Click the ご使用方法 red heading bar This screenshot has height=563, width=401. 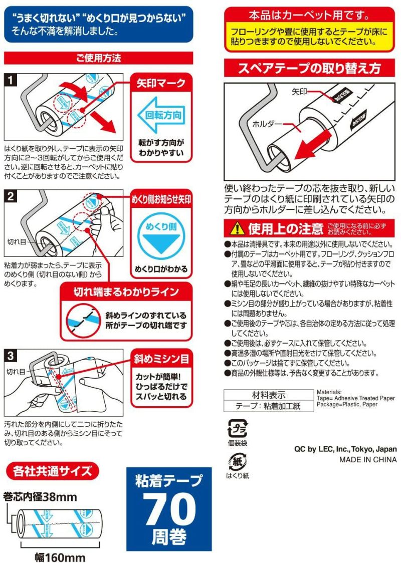tap(98, 58)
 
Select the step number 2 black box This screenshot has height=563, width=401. tap(11, 197)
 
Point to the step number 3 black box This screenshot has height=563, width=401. tap(11, 356)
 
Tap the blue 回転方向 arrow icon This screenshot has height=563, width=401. tap(161, 114)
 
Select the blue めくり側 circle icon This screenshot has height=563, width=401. tap(161, 232)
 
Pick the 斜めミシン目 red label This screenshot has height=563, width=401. tap(161, 359)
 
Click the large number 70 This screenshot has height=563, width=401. tap(169, 509)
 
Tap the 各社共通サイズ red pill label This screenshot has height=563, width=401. tap(52, 471)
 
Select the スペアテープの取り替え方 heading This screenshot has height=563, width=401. tap(309, 68)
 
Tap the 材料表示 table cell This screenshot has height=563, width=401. tap(268, 395)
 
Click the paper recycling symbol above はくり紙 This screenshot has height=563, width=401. tap(237, 461)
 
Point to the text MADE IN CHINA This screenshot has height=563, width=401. tap(367, 459)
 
